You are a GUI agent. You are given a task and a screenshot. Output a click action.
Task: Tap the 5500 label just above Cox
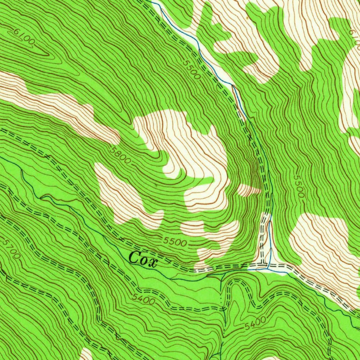(175, 242)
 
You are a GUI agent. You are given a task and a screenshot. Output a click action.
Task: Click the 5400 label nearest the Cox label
(144, 299)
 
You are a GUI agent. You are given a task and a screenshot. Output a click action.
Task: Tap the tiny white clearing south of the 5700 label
(85, 354)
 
